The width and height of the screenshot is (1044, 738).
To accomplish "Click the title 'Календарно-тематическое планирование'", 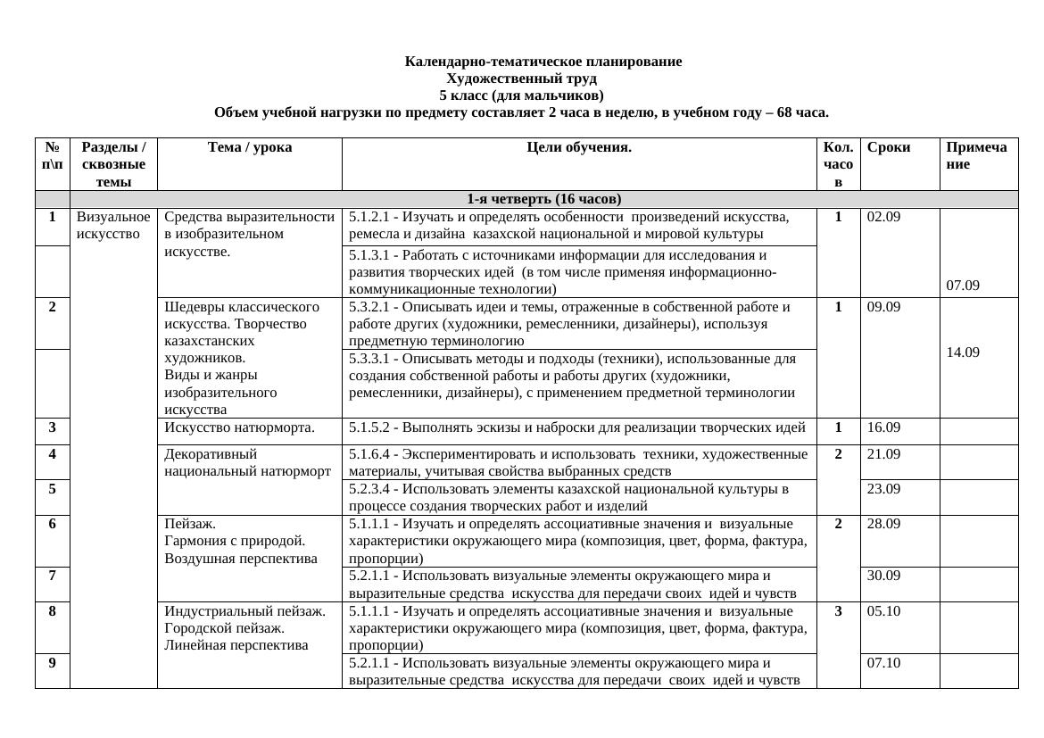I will coord(543,62).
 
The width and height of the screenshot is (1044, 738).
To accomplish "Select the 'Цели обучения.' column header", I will coord(578,148).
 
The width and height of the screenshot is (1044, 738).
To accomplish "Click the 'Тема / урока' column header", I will coord(249,148).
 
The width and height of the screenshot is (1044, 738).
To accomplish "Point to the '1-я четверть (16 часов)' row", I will coord(543,199).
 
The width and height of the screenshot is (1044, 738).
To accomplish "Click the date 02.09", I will coord(883,217).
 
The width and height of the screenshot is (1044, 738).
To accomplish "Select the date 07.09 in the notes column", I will coord(963,286).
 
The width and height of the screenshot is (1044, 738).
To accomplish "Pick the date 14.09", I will coord(963,352).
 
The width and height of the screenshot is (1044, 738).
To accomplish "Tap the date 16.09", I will coord(883,427).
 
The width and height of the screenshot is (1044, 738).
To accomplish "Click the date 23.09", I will coord(883,489).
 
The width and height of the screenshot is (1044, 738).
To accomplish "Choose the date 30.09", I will coord(883,576).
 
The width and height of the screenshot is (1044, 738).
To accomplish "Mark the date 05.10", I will coord(883,611).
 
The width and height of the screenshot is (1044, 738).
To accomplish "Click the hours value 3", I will coord(839,611).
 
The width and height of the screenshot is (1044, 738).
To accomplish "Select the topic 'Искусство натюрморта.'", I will coord(239,427).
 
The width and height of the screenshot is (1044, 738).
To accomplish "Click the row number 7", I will coord(53,576).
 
